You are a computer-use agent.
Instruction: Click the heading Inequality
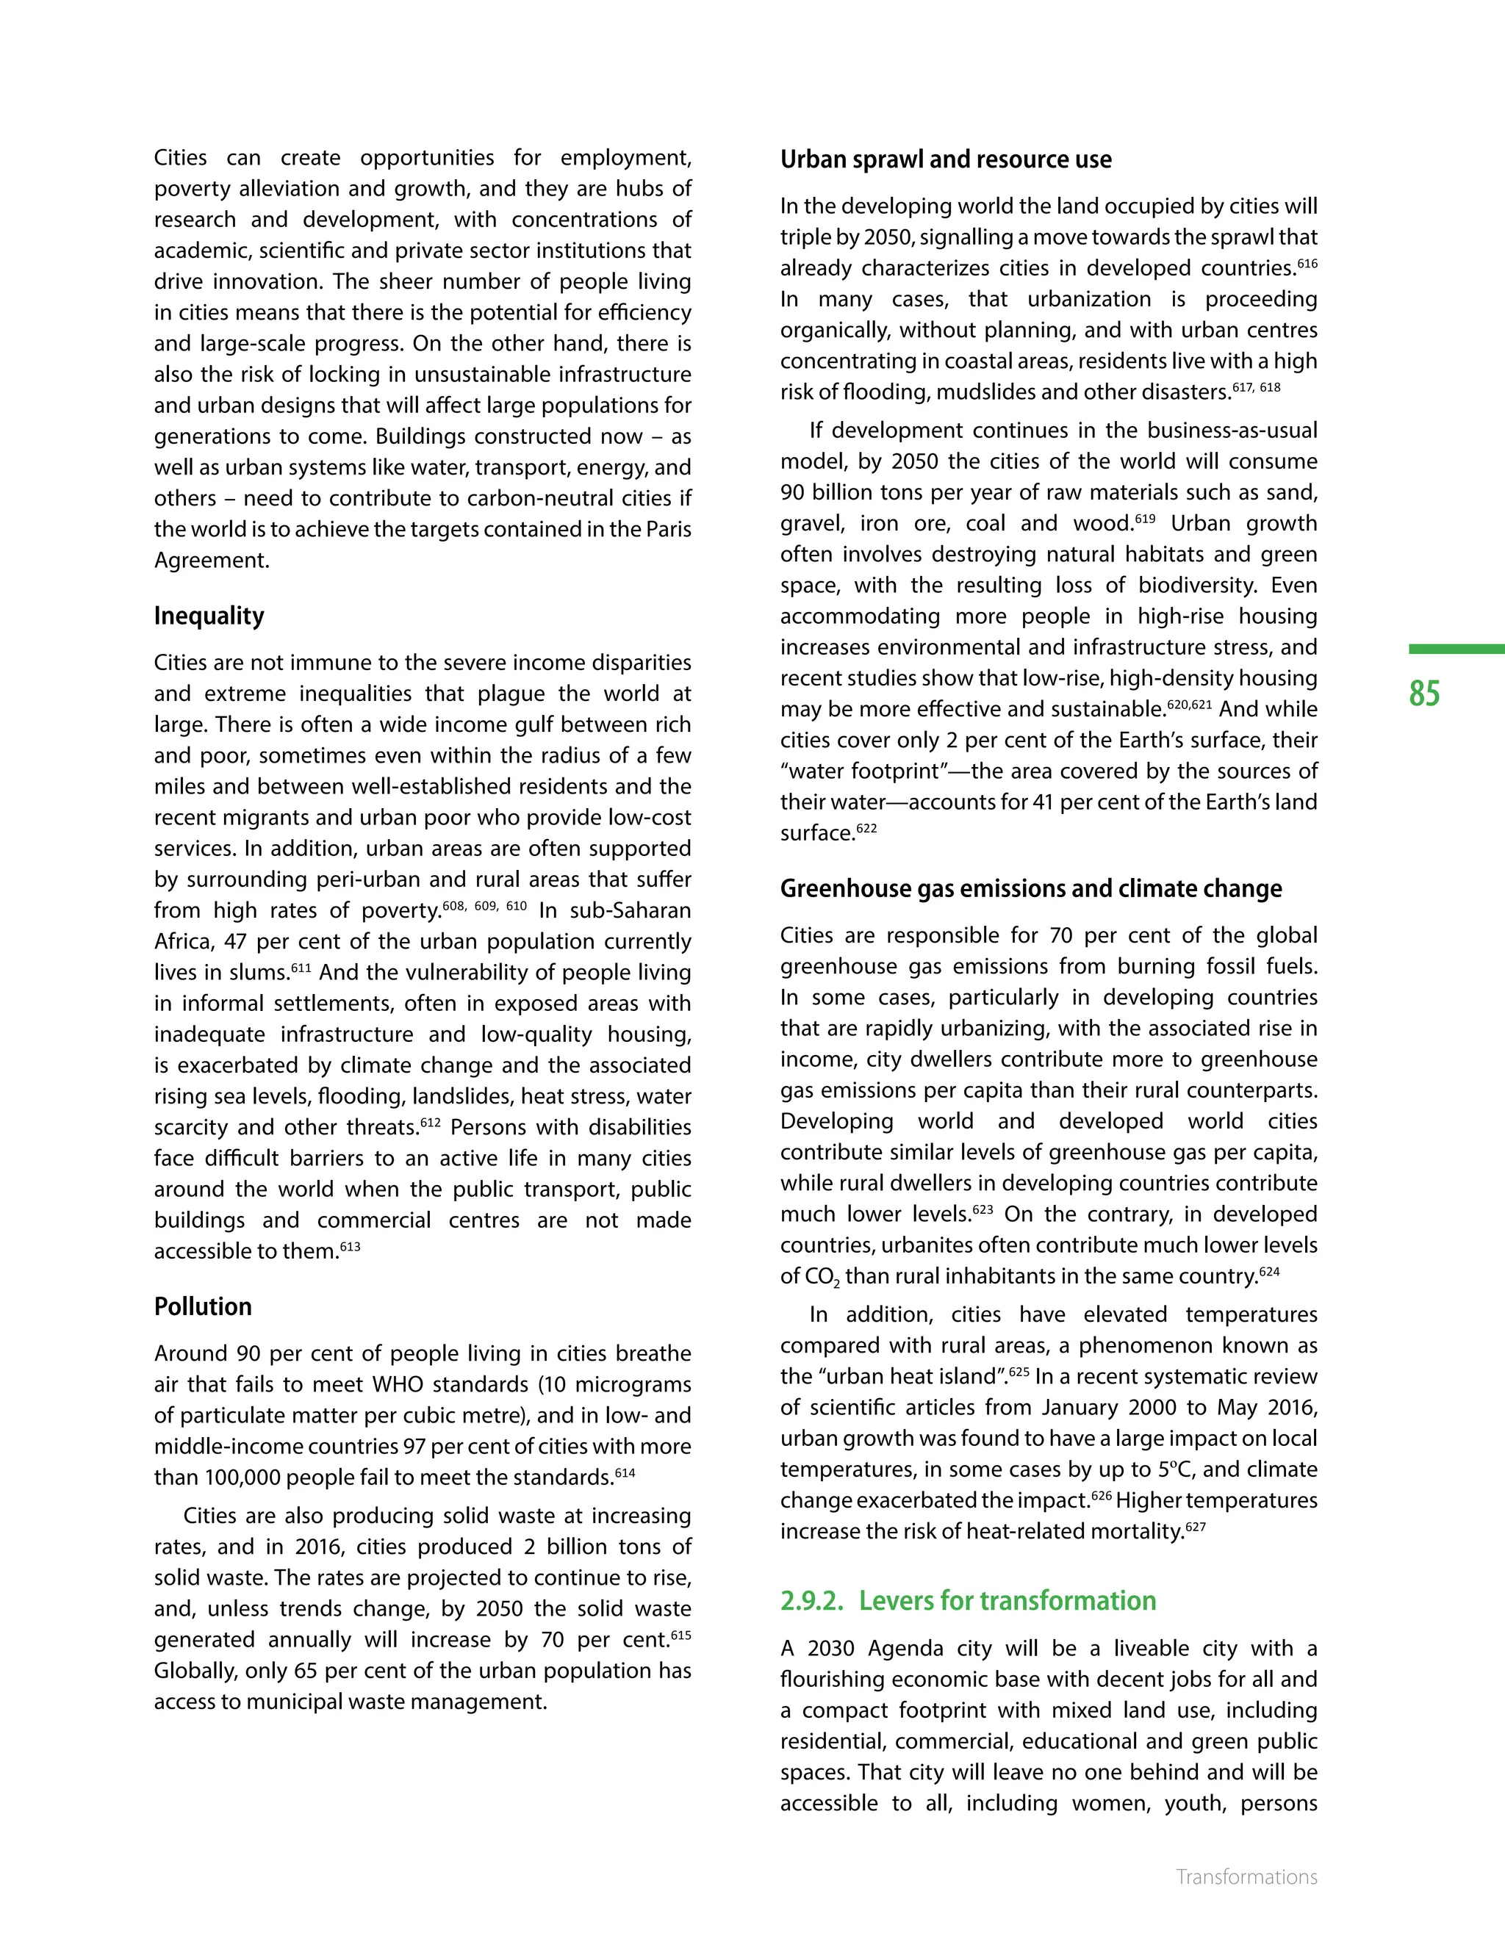pos(209,616)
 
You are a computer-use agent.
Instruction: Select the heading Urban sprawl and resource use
pos(945,159)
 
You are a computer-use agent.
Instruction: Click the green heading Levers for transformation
pos(1007,1601)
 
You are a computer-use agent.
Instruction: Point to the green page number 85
pos(1424,694)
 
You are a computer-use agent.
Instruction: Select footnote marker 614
pos(625,1472)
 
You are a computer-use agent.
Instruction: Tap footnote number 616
pos(1307,263)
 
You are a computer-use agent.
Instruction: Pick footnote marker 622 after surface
pos(866,828)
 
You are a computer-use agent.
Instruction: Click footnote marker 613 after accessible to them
pos(351,1246)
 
